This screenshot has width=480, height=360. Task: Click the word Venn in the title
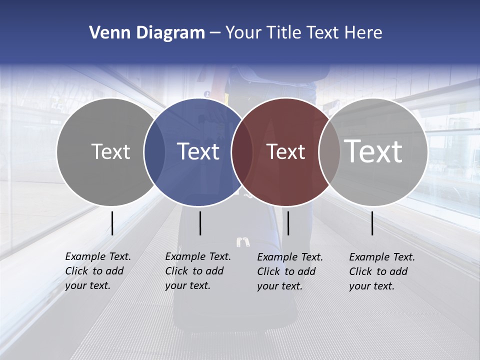[107, 33]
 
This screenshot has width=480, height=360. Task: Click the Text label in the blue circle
[198, 151]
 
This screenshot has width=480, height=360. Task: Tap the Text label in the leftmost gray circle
[110, 151]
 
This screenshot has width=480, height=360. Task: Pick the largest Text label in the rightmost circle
[373, 151]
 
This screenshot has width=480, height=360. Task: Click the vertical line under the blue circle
[200, 223]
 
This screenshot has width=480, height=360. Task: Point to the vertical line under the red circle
[288, 223]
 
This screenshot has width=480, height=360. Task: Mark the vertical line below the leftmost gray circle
[112, 223]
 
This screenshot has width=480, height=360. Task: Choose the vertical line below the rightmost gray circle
[372, 223]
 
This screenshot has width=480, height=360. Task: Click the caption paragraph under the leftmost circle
[98, 271]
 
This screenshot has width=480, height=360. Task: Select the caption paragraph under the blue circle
[198, 271]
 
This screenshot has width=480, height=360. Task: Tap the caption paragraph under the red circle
[290, 271]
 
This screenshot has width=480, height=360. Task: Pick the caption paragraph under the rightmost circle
[382, 271]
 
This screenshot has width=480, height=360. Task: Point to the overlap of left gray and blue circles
[154, 151]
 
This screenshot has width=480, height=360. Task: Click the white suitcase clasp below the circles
[243, 242]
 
